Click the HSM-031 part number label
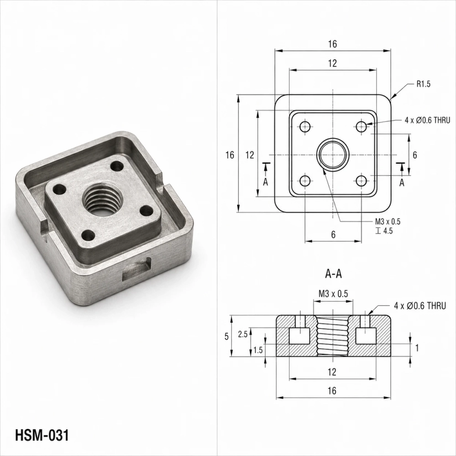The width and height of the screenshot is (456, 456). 42,435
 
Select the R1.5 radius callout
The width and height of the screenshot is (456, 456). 423,84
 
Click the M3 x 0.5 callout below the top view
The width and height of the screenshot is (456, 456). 387,222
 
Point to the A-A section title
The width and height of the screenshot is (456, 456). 333,274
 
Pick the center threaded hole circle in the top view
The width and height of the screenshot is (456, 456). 333,155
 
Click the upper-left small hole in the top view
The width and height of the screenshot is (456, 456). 305,126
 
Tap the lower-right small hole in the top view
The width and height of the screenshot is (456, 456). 361,181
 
